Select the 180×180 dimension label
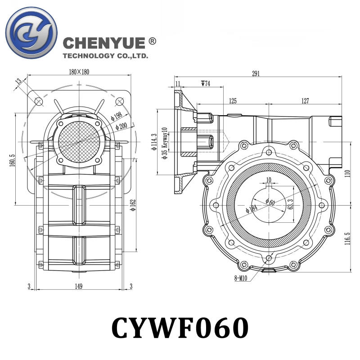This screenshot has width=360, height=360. (79, 72)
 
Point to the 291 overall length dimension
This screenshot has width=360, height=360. (256, 74)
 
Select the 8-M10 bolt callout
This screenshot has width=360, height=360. (241, 279)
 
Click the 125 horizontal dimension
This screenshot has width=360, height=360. (233, 101)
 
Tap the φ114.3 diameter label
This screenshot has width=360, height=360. (154, 142)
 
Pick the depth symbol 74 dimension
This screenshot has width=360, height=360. (206, 84)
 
